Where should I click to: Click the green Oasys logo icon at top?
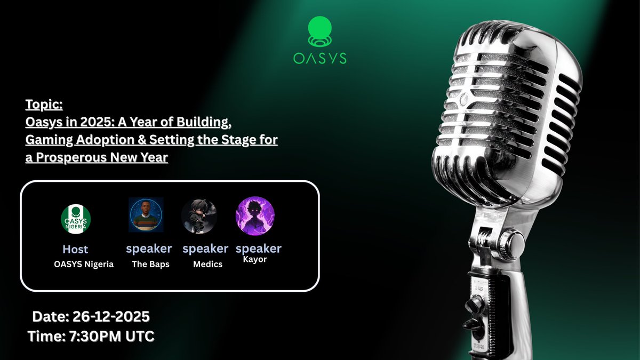pyautogui.click(x=320, y=31)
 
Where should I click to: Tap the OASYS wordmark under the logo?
pyautogui.click(x=320, y=58)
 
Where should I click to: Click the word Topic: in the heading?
pyautogui.click(x=44, y=103)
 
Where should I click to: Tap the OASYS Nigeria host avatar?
pyautogui.click(x=76, y=218)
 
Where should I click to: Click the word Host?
pyautogui.click(x=75, y=249)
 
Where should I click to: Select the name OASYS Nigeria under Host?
pyautogui.click(x=84, y=264)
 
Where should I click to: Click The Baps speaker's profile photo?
pyautogui.click(x=146, y=215)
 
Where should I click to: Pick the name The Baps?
pyautogui.click(x=150, y=264)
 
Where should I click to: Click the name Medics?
pyautogui.click(x=207, y=264)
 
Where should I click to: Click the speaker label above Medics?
pyautogui.click(x=205, y=249)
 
